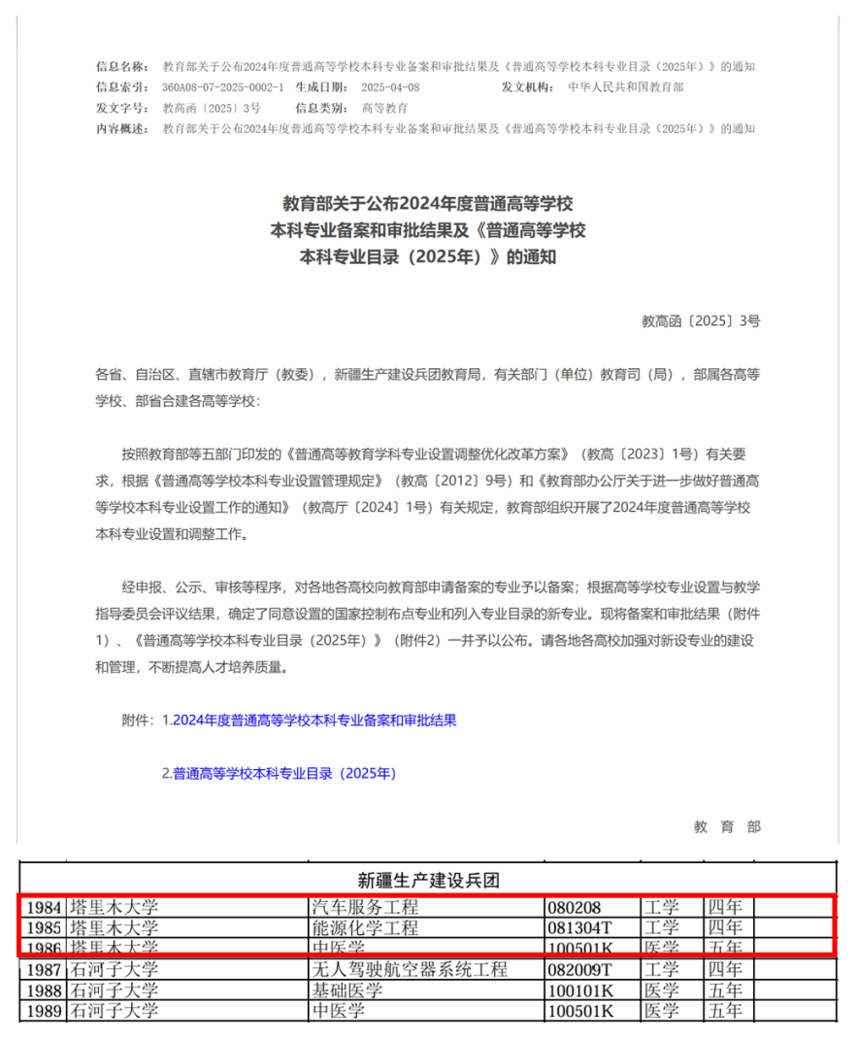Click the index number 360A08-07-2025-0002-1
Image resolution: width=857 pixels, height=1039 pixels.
coord(223,87)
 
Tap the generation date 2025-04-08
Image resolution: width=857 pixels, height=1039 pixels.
coord(394,87)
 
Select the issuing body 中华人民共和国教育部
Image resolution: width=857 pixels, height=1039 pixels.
coord(626,87)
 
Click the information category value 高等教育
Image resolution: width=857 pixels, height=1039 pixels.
coord(384,108)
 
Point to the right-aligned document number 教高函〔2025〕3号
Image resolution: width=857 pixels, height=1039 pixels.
coord(701,319)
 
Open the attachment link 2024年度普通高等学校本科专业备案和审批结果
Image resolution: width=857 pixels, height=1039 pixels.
coord(314,721)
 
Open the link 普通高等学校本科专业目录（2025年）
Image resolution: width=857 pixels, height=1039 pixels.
coord(284,774)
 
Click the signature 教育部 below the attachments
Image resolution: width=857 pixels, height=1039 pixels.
coord(727,826)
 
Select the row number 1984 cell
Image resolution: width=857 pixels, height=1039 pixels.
coord(43,908)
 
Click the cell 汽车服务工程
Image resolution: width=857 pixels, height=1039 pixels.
coord(364,908)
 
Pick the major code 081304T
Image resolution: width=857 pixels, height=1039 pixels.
coord(580,928)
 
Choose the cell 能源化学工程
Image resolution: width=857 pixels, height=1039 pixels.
coord(364,928)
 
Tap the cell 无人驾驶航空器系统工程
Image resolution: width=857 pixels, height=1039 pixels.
coord(409,969)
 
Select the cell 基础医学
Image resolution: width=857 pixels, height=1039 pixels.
coord(346,989)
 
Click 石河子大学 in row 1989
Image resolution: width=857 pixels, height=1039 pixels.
coord(113,1011)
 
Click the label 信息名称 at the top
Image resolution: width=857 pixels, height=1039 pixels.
coord(121,67)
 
